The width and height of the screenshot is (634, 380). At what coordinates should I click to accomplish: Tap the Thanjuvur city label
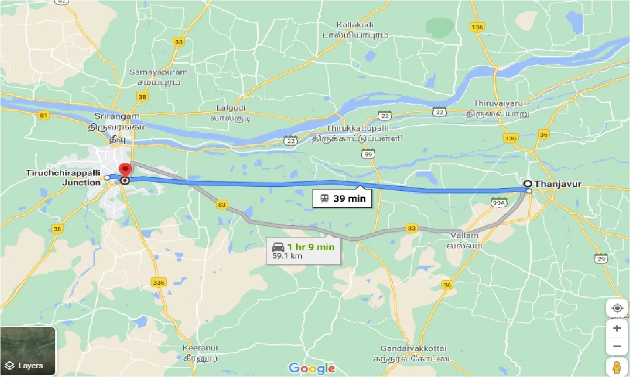557,184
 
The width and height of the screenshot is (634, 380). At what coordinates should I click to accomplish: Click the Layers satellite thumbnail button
28,351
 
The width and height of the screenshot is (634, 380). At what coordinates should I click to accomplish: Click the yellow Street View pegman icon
617,368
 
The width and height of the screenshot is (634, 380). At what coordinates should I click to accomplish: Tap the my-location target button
617,308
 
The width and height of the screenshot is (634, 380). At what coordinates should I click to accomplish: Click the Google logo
312,368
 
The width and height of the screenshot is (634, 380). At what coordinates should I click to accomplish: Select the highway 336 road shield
159,282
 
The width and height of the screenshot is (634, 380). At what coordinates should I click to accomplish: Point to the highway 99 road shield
367,154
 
